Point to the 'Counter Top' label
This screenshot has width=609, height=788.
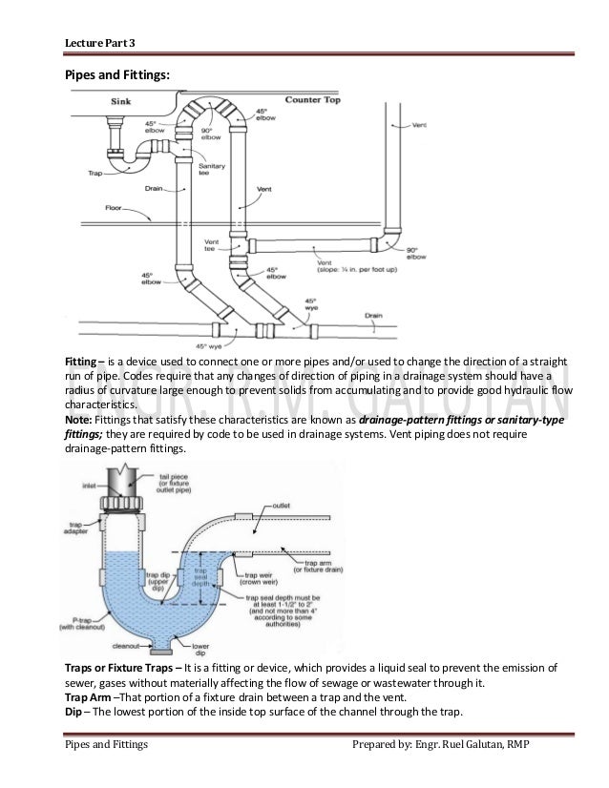tap(314, 99)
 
